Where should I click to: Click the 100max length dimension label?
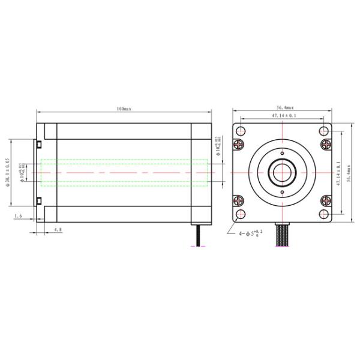coord(124,109)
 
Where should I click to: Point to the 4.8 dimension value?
coord(58,229)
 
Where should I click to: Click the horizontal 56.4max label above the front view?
coord(283,107)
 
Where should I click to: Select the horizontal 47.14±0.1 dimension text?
coord(283,116)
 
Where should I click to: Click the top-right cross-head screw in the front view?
coord(326,144)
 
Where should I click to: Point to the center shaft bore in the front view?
coord(283,173)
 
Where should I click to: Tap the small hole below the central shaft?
coord(283,193)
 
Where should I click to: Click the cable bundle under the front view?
coord(283,231)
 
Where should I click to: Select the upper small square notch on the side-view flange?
coord(37,144)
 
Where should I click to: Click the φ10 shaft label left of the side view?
coord(22,172)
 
